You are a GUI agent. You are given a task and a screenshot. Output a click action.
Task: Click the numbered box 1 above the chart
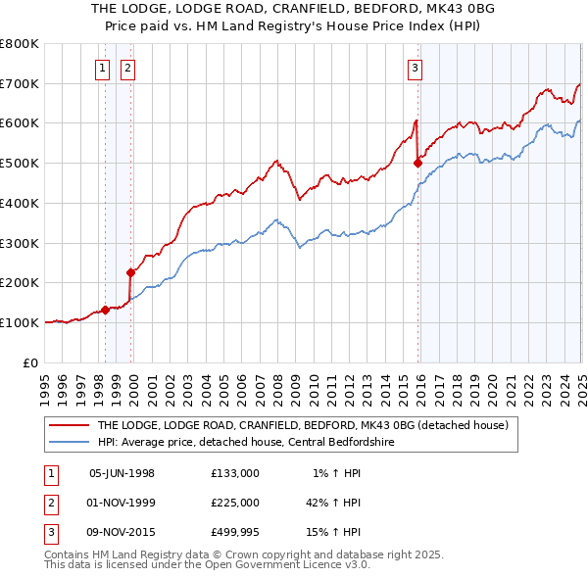tap(104, 68)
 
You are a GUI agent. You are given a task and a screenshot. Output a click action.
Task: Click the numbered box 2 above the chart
tap(128, 68)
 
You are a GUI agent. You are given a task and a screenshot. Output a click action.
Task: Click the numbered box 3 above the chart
tap(416, 68)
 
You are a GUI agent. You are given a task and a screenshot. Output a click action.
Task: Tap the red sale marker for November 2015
tap(417, 162)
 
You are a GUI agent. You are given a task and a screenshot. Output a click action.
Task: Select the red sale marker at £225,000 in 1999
tap(130, 272)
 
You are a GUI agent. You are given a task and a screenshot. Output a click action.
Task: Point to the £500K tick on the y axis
tap(21, 163)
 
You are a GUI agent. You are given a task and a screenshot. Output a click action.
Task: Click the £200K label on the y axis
tap(21, 282)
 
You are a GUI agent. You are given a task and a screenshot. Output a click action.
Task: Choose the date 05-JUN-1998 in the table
tap(122, 473)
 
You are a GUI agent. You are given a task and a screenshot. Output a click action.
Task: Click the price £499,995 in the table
tap(234, 533)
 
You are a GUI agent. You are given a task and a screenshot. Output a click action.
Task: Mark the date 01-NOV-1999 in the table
tap(122, 504)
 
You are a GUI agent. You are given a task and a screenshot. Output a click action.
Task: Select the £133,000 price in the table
tap(234, 473)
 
